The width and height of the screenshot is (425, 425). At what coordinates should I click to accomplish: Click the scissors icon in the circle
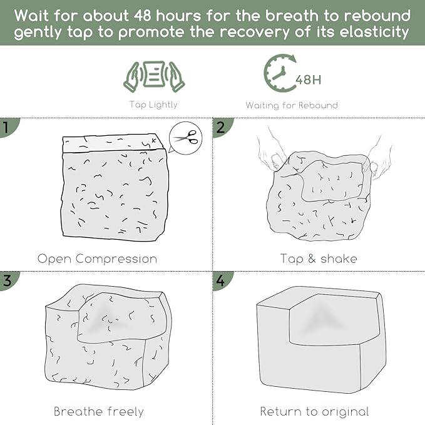click(x=186, y=138)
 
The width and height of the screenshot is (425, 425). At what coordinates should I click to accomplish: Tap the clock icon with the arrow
click(x=279, y=73)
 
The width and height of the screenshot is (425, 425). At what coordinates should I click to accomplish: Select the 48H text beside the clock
click(x=309, y=80)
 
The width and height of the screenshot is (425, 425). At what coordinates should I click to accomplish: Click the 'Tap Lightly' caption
click(x=153, y=105)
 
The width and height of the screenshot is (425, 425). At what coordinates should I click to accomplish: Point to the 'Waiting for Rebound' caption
click(x=292, y=105)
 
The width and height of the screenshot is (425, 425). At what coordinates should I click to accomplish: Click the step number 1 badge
click(x=6, y=127)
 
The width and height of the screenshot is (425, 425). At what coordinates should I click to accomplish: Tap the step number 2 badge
click(x=220, y=127)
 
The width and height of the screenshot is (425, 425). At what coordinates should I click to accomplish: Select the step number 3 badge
click(x=7, y=280)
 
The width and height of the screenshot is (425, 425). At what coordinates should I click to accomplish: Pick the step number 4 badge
click(x=220, y=280)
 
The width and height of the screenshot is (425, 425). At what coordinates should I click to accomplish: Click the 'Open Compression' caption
click(x=97, y=259)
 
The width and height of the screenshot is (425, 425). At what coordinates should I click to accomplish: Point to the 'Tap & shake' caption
click(x=319, y=259)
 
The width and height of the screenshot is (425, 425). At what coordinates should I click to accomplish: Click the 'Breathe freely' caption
click(x=99, y=411)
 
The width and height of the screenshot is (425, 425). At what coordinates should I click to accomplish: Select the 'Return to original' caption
click(x=314, y=411)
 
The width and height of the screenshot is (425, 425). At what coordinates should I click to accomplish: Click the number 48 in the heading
click(x=143, y=16)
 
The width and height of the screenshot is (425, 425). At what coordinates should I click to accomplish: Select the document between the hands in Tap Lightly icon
click(x=154, y=74)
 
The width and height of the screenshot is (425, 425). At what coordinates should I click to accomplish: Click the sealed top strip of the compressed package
click(x=113, y=143)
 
